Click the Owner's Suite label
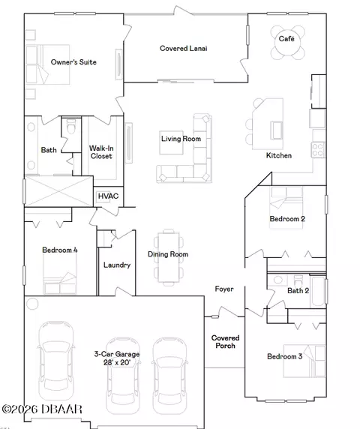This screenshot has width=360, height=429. [73, 62]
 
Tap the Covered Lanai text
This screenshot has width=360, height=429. [184, 49]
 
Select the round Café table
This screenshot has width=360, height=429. [287, 43]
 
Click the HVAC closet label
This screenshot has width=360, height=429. [108, 196]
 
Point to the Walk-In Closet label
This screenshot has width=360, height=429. [101, 152]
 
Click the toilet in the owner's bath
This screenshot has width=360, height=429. [71, 126]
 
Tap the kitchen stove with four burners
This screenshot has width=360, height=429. [318, 150]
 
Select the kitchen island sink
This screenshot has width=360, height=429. [277, 130]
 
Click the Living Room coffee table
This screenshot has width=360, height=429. [171, 142]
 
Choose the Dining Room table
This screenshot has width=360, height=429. [169, 257]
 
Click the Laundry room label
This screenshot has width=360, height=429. [117, 265]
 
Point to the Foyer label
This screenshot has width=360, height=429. [224, 289]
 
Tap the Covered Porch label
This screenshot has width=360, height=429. [226, 342]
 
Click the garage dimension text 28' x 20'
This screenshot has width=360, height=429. [117, 362]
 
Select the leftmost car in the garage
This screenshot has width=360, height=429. [56, 361]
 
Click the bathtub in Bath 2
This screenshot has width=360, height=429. [317, 292]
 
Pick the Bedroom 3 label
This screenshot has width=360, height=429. [285, 356]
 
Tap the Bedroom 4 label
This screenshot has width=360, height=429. [60, 250]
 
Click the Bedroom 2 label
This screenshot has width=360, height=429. [287, 219]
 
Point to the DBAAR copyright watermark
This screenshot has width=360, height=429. [42, 409]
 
